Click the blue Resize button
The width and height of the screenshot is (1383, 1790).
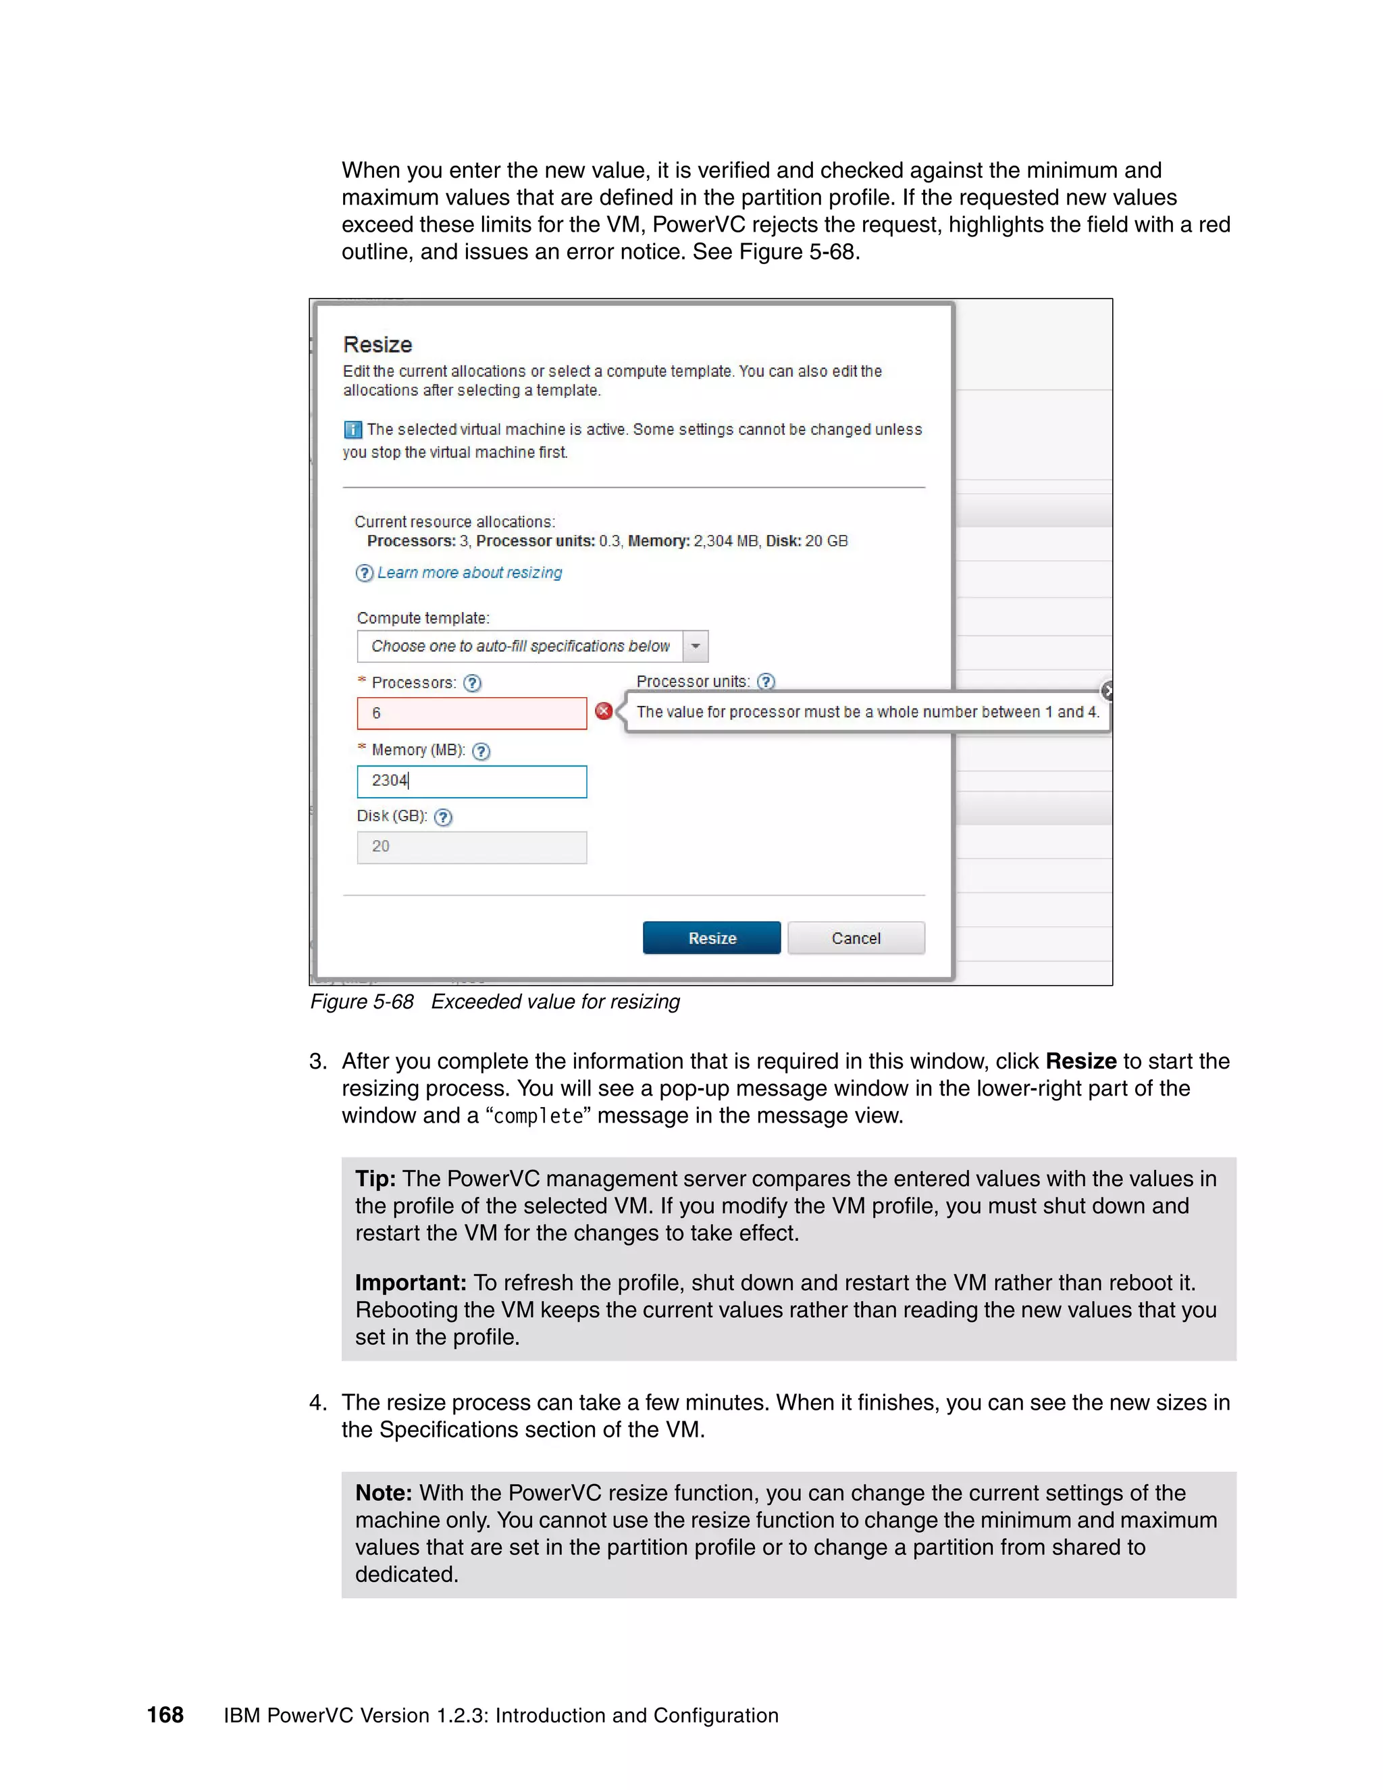pyautogui.click(x=711, y=938)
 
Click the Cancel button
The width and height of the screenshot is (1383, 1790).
pyautogui.click(x=856, y=938)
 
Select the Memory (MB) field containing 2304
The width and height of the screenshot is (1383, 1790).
pyautogui.click(x=471, y=781)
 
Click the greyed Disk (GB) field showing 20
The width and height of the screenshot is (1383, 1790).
pyautogui.click(x=471, y=846)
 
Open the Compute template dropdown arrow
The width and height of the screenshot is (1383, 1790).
pyautogui.click(x=695, y=646)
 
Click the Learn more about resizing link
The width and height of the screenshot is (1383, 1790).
pyautogui.click(x=469, y=573)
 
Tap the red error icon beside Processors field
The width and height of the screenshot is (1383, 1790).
pyautogui.click(x=604, y=711)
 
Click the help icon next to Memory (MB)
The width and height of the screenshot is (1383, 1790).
pyautogui.click(x=481, y=750)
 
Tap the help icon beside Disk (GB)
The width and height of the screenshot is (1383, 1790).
pyautogui.click(x=442, y=817)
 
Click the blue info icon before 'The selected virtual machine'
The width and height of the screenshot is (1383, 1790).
pyautogui.click(x=353, y=430)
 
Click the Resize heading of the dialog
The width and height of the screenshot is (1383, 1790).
pyautogui.click(x=377, y=344)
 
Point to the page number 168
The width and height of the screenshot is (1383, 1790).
pyautogui.click(x=165, y=1714)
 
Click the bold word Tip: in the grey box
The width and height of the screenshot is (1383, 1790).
pyautogui.click(x=375, y=1179)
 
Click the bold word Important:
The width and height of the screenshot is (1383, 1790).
pyautogui.click(x=411, y=1283)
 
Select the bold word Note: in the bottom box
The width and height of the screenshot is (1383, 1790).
pyautogui.click(x=383, y=1493)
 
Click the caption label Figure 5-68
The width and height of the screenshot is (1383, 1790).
pyautogui.click(x=361, y=1002)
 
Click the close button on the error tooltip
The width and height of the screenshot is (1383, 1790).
pyautogui.click(x=1107, y=691)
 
